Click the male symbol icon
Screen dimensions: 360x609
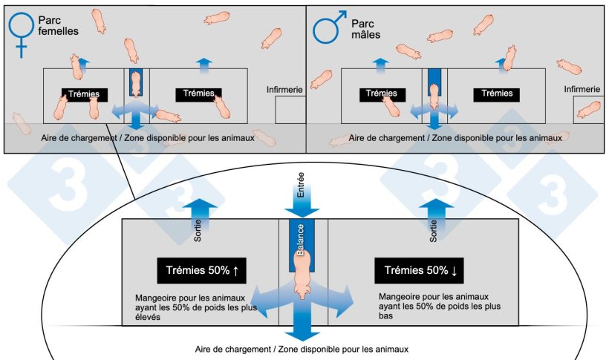(327, 27)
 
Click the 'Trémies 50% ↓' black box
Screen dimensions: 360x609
(420, 271)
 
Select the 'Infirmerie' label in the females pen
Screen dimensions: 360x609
(284, 90)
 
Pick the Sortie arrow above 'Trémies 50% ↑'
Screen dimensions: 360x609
(195, 213)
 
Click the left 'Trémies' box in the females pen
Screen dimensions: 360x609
(85, 94)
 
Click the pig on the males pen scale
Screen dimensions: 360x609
(434, 94)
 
